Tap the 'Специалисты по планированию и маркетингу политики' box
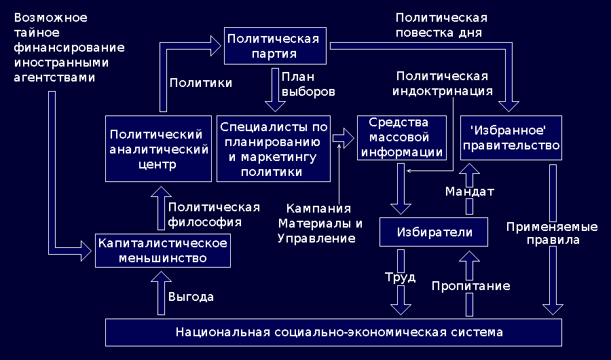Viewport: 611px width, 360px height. pyautogui.click(x=274, y=148)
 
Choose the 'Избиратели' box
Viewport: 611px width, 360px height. pyautogui.click(x=434, y=233)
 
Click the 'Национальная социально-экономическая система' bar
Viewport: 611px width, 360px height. pyautogui.click(x=334, y=332)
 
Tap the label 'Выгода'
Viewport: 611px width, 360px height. pyautogui.click(x=191, y=297)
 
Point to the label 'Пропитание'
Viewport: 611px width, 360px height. pyautogui.click(x=470, y=286)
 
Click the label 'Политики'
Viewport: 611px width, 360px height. pyautogui.click(x=200, y=83)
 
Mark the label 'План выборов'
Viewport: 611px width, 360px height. pyautogui.click(x=307, y=84)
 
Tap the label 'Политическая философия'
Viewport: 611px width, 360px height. pyautogui.click(x=214, y=214)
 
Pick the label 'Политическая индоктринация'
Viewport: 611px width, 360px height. pyautogui.click(x=444, y=82)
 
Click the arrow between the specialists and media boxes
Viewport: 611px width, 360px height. pyautogui.click(x=344, y=139)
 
